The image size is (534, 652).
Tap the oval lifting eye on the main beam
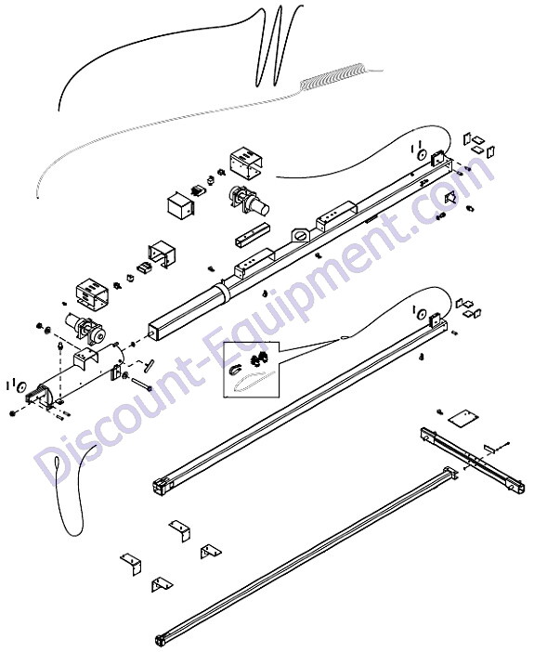coord(301,235)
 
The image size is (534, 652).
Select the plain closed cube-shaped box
coord(181,207)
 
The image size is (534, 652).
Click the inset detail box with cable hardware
coord(251,370)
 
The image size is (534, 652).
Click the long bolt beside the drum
coord(141,384)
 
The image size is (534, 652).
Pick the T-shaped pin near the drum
coord(149,365)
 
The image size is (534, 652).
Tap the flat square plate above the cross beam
coord(463,417)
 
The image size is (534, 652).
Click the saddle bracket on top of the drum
coord(87,358)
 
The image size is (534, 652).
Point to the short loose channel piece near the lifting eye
coord(251,235)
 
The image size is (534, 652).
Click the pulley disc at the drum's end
coord(20,386)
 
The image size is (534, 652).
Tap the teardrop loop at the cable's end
coord(58,465)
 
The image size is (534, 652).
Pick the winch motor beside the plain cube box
coord(248,202)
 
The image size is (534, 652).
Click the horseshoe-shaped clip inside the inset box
coord(236,370)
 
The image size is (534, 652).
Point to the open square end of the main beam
coord(154,332)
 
